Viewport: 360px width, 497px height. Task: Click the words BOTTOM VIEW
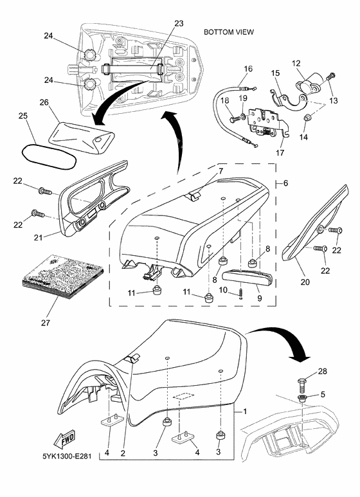[x=228, y=31]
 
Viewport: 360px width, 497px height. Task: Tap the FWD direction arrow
[x=66, y=438]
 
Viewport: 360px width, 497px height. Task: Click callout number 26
[x=44, y=102]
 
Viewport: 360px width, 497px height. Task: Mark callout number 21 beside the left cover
[x=38, y=238]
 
